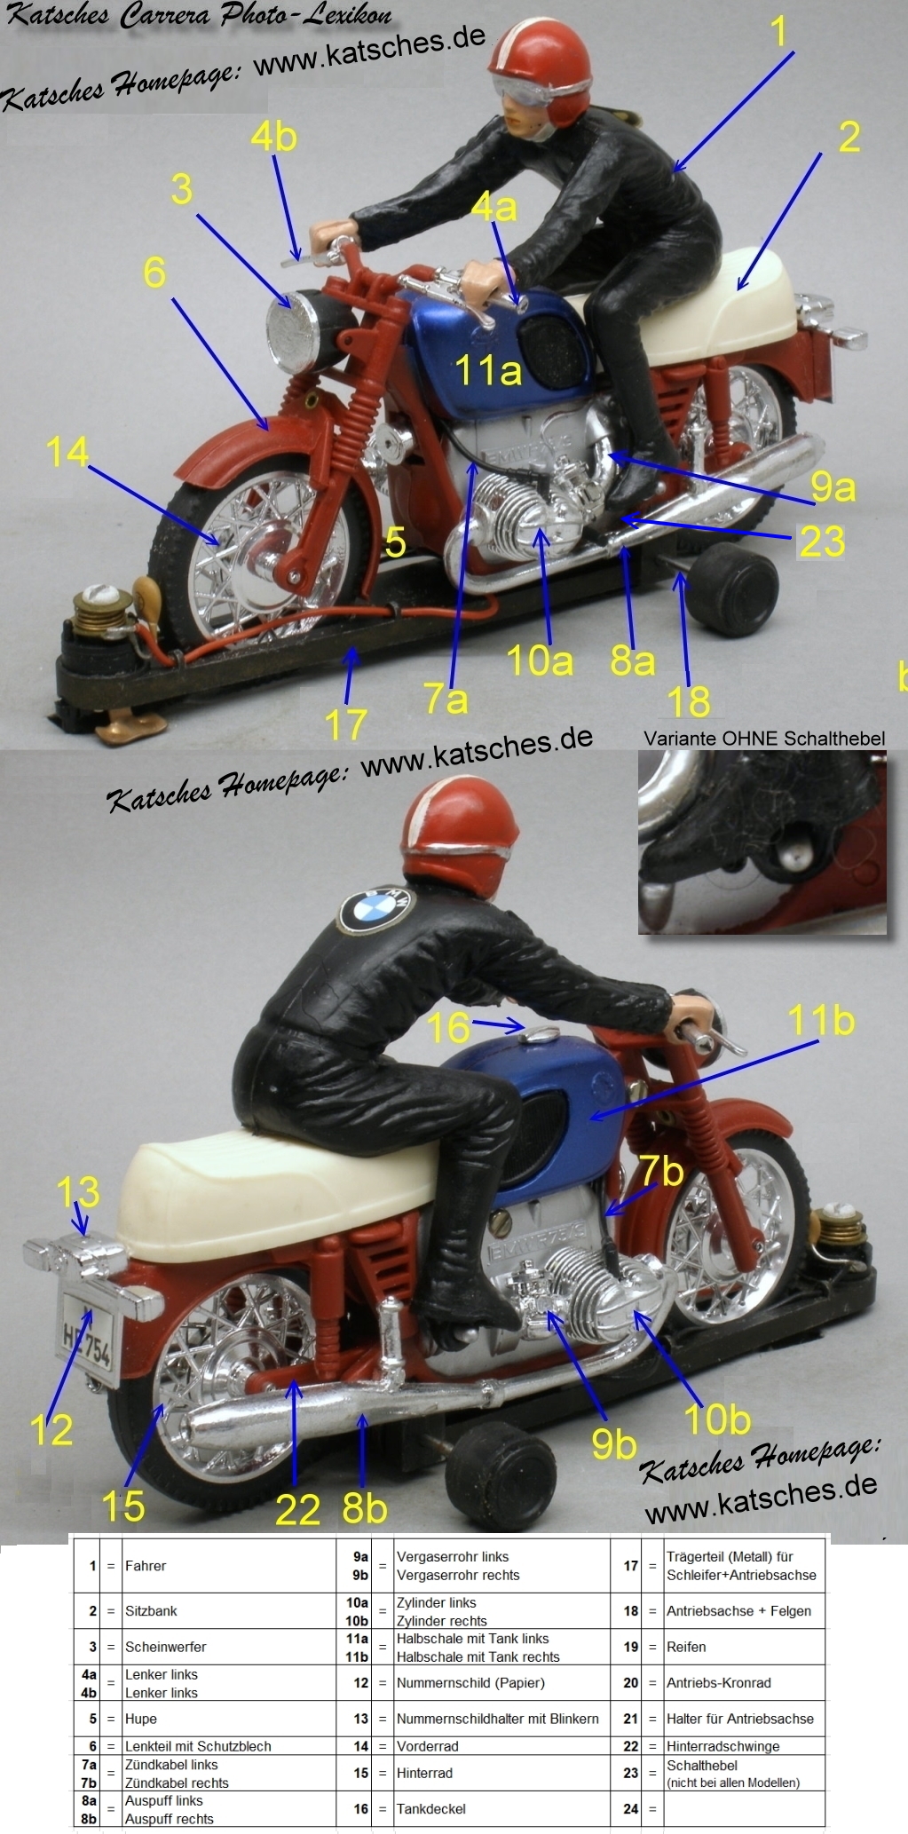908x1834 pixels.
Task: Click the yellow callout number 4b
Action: pyautogui.click(x=273, y=137)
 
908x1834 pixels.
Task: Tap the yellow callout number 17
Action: pyautogui.click(x=346, y=724)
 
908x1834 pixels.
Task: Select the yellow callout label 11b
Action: pyautogui.click(x=821, y=1021)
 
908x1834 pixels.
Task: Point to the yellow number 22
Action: pyautogui.click(x=297, y=1510)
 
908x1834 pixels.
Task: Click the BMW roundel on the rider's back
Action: pyautogui.click(x=375, y=909)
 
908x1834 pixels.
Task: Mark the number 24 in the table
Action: pyautogui.click(x=630, y=1808)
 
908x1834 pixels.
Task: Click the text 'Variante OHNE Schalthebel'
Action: pyautogui.click(x=764, y=738)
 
